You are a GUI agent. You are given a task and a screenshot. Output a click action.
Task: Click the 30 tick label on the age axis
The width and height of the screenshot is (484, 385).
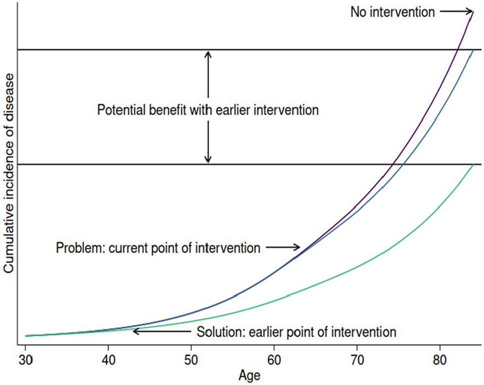coord(25,360)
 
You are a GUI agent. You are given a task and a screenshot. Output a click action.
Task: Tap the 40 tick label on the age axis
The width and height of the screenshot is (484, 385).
coord(108,360)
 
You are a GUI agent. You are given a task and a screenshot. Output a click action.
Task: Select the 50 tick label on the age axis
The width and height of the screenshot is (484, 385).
coord(191,360)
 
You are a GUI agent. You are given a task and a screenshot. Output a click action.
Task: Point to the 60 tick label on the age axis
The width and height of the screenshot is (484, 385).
coord(274,360)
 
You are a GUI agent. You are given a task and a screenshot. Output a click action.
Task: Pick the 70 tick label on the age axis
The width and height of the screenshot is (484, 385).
coord(357,360)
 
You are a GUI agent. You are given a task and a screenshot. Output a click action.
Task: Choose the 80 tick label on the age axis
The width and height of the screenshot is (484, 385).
coord(439,360)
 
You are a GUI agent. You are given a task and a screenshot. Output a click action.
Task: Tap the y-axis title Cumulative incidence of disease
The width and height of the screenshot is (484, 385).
coord(9,173)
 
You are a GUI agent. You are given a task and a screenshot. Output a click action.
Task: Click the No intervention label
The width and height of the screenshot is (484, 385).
coord(392,12)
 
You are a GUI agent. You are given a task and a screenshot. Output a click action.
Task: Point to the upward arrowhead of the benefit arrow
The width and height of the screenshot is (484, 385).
coord(208,54)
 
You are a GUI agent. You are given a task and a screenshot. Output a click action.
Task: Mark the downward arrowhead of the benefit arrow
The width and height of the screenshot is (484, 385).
coord(208,159)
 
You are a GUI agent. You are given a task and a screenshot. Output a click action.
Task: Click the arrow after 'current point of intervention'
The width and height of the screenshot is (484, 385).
coord(283,247)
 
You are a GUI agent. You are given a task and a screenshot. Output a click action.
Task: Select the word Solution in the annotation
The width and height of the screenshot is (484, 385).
coord(220,332)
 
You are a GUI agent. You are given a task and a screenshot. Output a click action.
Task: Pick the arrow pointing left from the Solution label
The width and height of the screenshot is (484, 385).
coord(162,332)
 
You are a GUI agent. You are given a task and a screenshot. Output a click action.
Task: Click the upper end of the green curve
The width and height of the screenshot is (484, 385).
coord(472,165)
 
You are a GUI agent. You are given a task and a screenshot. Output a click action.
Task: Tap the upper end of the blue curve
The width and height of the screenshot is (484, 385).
coord(472,50)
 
